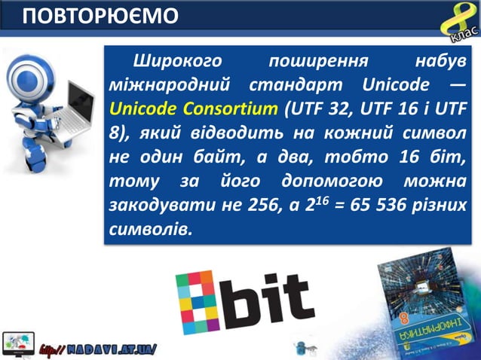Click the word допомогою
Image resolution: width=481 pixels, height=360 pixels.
click(x=326, y=181)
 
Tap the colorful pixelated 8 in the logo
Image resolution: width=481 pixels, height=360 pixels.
click(x=198, y=302)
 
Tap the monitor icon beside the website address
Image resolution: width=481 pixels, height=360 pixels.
click(x=19, y=343)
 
